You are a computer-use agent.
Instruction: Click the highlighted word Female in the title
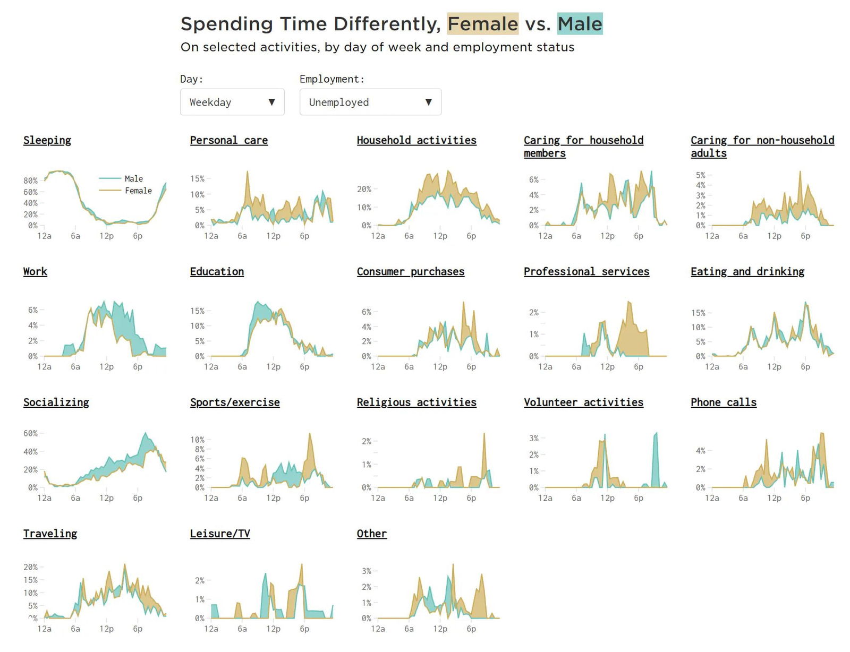[482, 24]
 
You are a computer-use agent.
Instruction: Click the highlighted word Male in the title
[580, 24]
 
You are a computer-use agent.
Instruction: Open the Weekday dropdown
[232, 102]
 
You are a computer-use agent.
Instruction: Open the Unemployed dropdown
[370, 102]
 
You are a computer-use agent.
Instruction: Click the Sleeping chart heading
[47, 140]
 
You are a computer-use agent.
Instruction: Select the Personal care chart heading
[229, 140]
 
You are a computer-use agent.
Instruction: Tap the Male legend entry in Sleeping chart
[133, 178]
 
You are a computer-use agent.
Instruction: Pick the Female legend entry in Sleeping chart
[138, 191]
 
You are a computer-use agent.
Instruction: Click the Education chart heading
[217, 271]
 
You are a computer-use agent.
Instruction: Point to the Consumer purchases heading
[411, 271]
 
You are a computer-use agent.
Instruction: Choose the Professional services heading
[586, 271]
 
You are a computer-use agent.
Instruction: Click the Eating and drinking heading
[747, 271]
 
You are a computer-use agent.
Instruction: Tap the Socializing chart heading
[56, 402]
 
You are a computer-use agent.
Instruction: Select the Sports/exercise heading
[235, 402]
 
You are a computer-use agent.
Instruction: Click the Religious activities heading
[416, 402]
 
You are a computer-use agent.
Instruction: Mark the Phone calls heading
[724, 402]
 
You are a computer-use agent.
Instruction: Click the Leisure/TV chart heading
[220, 534]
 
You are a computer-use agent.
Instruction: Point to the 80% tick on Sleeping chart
[31, 181]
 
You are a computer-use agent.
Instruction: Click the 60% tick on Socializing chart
[31, 433]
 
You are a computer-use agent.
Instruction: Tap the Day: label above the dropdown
[191, 79]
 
